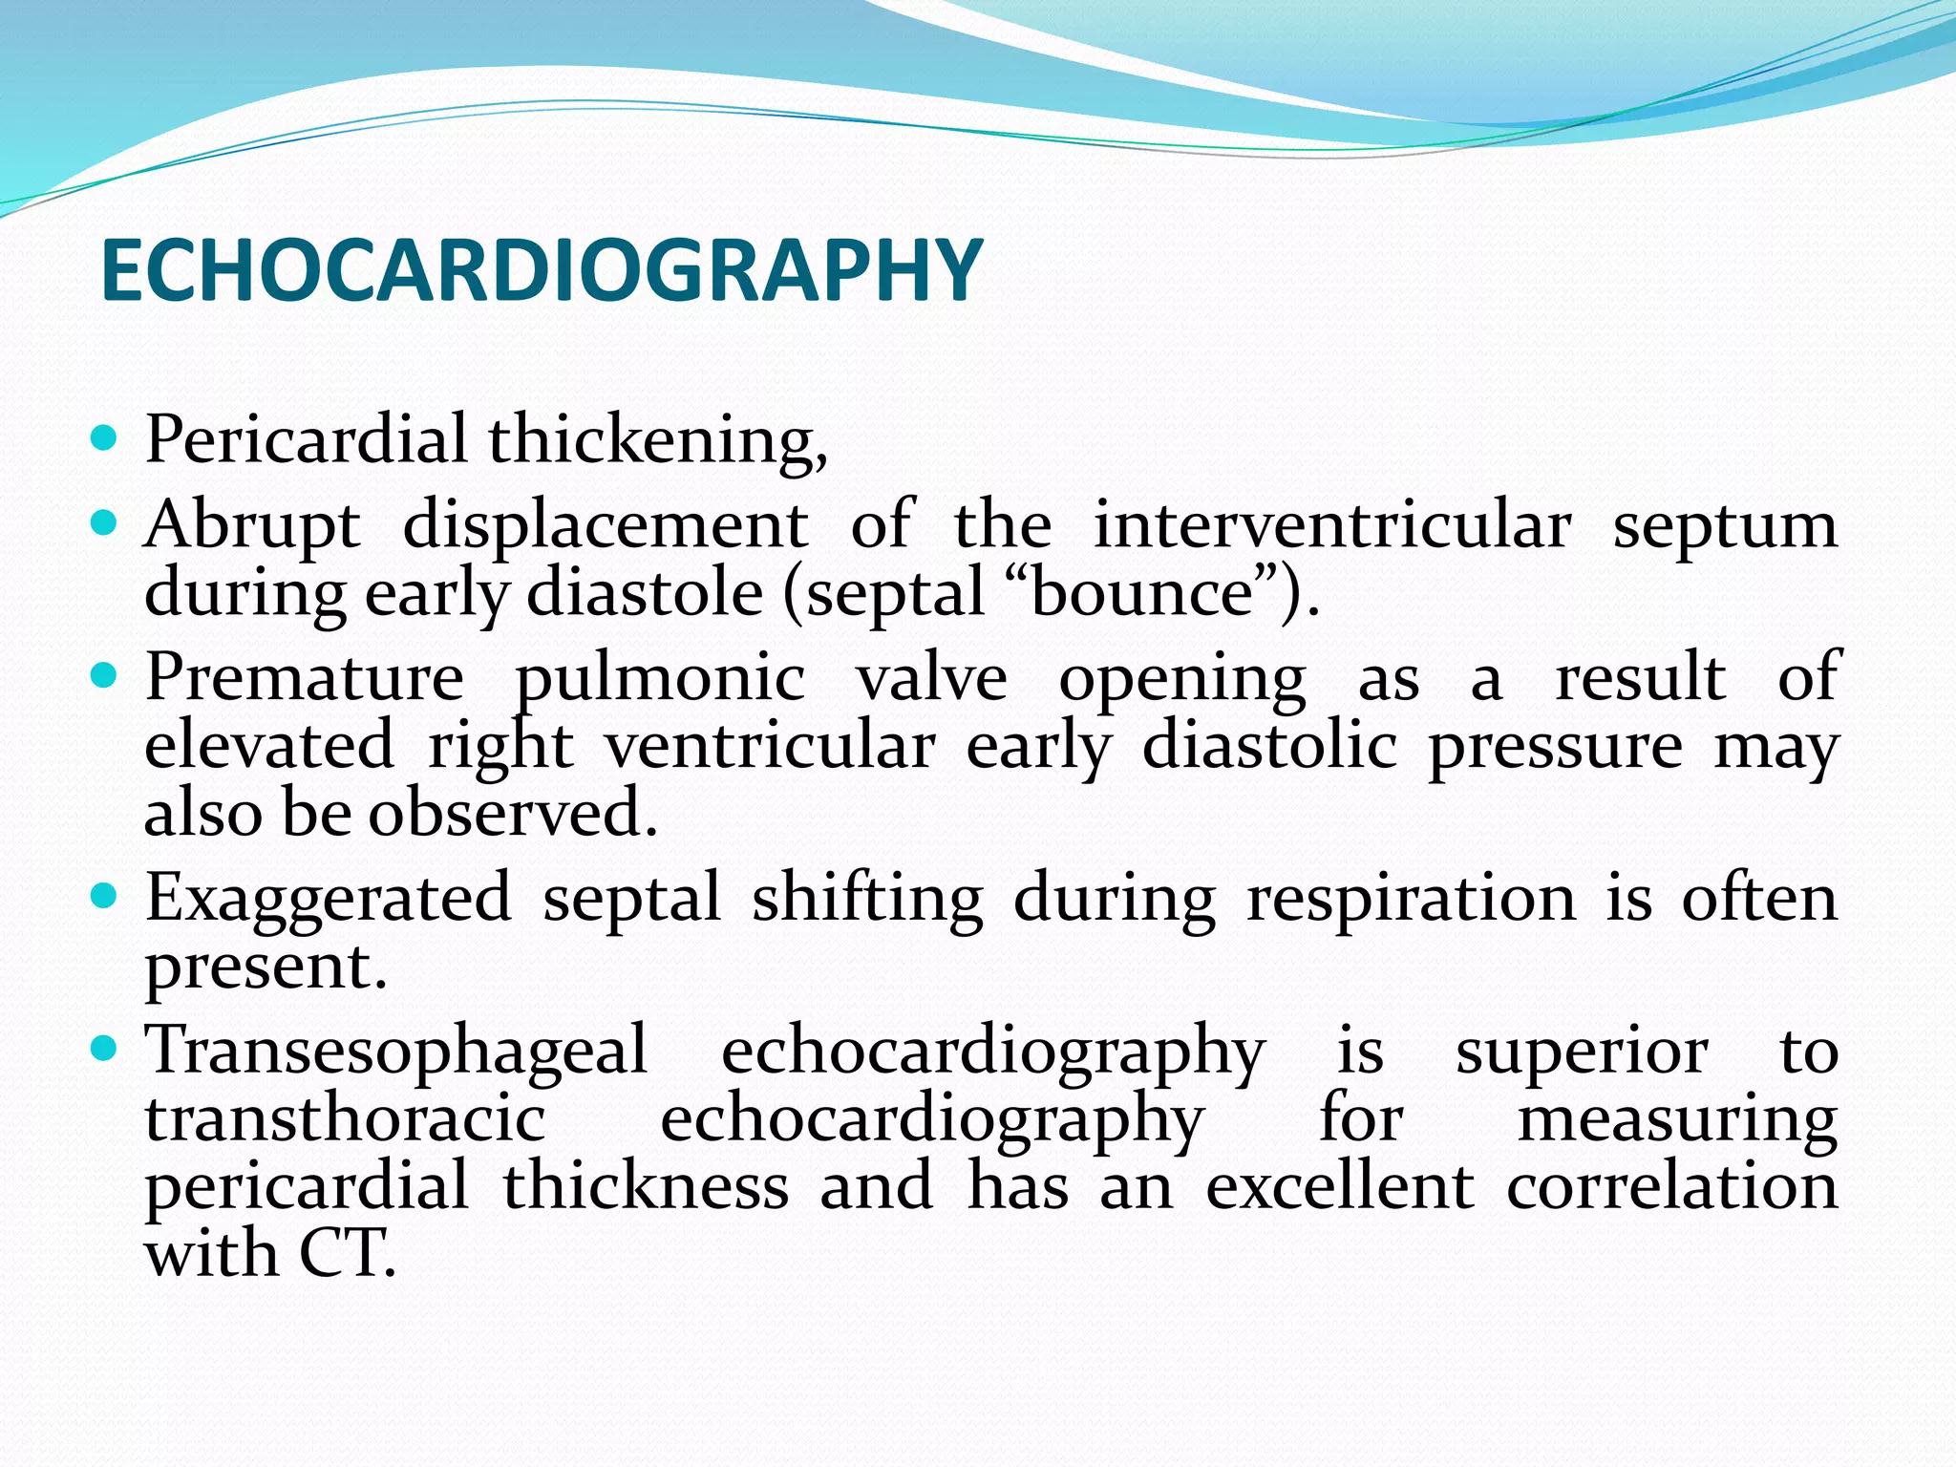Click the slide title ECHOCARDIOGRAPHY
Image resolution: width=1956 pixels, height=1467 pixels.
tap(541, 271)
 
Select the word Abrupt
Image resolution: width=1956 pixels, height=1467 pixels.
tap(252, 526)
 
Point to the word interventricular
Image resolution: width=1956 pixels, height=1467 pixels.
tap(1331, 524)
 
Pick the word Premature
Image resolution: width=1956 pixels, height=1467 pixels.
tap(305, 679)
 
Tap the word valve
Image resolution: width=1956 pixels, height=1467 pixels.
tap(931, 679)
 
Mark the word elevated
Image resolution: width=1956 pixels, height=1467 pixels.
tap(268, 746)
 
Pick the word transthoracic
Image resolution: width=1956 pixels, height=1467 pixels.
tap(345, 1119)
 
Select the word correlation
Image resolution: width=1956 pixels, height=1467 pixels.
tap(1671, 1186)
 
